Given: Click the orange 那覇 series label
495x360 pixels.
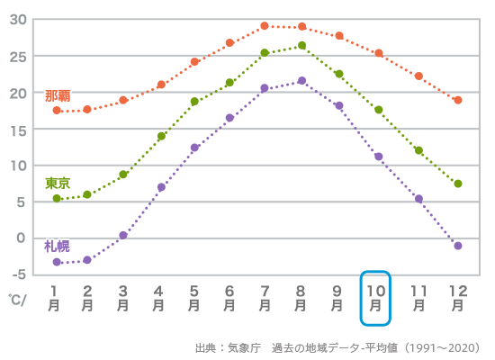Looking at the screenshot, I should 58,95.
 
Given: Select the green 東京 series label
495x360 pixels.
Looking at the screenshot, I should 58,183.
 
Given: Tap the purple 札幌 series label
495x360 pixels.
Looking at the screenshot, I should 58,246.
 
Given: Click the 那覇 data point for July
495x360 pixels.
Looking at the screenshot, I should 265,26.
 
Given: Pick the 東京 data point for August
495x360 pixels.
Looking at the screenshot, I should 301,45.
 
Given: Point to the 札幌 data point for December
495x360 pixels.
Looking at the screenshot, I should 458,246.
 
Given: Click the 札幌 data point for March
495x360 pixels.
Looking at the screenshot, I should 123,235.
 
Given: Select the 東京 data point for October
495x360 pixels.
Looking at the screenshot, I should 378,110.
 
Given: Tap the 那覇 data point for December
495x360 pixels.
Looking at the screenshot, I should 458,100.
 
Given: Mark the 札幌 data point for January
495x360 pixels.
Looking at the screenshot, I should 57,262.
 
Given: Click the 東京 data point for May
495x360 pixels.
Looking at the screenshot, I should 194,102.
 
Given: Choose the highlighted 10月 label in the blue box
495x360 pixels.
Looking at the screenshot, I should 376,298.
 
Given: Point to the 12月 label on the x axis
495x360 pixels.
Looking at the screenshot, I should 458,298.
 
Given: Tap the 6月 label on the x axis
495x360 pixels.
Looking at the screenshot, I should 229,298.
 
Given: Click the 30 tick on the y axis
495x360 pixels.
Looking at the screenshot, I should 18,20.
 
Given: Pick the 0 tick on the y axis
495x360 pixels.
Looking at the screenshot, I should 22,238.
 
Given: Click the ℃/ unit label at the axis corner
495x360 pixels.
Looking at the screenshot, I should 18,299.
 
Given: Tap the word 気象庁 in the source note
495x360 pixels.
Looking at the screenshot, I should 243,347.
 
